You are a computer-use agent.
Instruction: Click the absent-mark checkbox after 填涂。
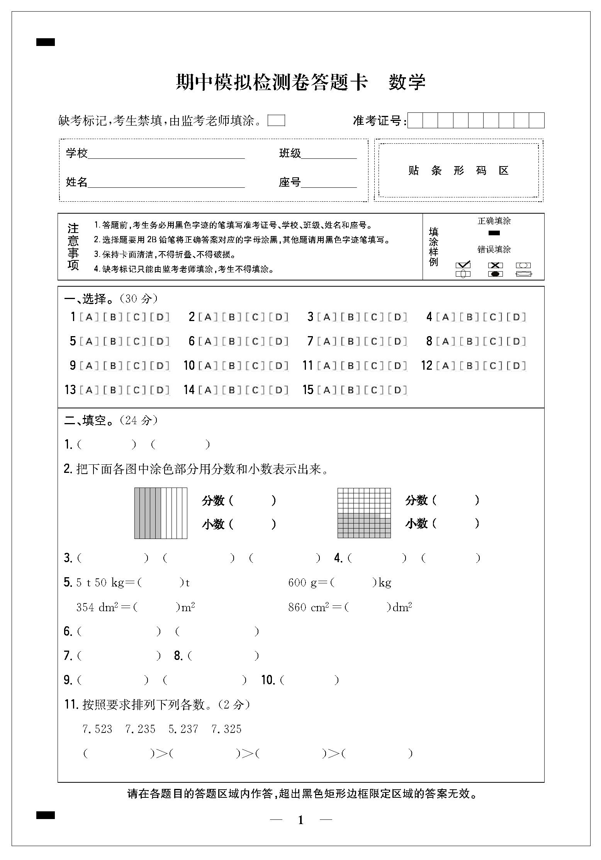(x=276, y=121)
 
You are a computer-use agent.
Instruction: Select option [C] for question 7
(x=374, y=341)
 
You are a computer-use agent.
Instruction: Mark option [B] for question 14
(x=232, y=390)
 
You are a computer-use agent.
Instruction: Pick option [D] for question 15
(x=397, y=390)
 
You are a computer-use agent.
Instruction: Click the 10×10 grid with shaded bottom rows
(x=364, y=513)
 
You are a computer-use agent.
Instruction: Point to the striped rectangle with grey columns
(x=161, y=513)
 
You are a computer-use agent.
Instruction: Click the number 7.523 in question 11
(x=97, y=729)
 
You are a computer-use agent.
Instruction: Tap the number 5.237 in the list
(x=183, y=729)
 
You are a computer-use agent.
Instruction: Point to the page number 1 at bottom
(x=301, y=820)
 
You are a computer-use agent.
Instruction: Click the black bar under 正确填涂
(x=494, y=233)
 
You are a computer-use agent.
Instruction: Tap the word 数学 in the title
(x=407, y=82)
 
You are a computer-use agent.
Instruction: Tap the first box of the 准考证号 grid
(x=415, y=121)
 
